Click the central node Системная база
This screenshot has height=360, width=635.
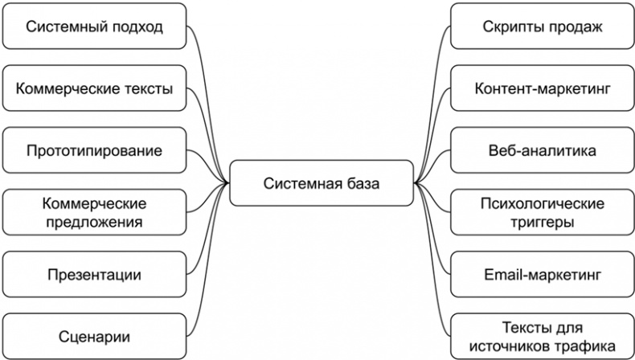322,182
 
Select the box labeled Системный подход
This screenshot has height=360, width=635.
94,27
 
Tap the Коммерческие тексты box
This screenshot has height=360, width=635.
94,88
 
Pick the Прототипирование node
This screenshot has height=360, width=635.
94,150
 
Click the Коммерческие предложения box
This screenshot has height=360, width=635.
94,212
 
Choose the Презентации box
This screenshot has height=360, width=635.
94,275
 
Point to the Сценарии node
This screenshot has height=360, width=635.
94,336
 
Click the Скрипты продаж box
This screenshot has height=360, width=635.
543,27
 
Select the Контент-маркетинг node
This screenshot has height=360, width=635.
543,88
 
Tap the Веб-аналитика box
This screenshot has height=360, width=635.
543,150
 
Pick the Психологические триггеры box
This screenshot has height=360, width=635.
543,212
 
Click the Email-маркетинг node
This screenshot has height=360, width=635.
543,275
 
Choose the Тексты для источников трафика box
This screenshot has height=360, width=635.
543,336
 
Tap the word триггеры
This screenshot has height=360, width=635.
543,222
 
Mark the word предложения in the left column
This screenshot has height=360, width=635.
94,222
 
